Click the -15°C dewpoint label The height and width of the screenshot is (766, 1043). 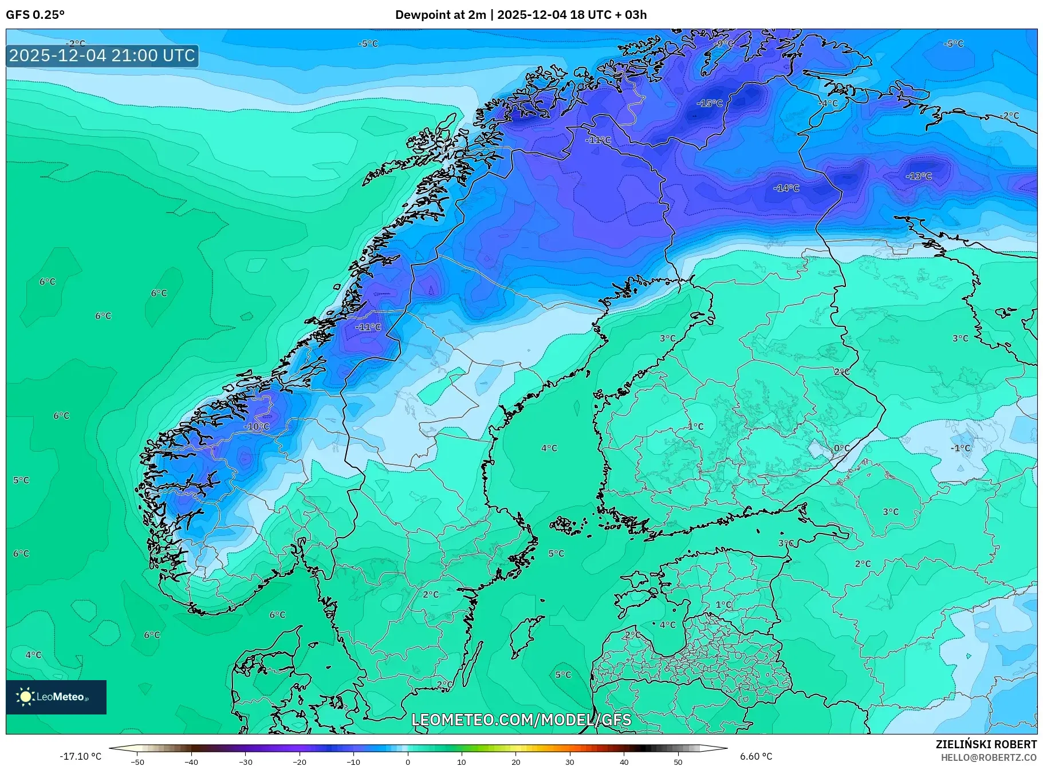709,104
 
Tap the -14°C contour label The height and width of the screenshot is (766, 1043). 786,188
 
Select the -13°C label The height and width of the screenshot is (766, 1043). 918,176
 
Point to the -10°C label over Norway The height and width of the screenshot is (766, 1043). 256,427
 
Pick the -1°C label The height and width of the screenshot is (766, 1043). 961,448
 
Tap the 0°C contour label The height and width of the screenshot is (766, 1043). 841,448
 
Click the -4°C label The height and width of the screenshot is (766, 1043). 828,104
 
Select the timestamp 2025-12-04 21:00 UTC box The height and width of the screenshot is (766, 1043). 102,56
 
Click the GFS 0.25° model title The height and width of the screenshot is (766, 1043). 35,15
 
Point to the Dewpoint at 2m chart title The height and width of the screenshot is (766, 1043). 521,15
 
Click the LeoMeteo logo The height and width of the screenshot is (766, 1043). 56,697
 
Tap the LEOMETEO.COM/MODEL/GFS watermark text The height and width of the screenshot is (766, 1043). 521,720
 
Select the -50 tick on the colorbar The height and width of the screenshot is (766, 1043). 137,761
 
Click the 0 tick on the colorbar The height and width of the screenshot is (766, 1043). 408,761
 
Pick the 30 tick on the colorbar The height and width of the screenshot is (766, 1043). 570,761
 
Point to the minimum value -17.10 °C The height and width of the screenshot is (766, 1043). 80,756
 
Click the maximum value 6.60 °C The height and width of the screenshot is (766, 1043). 755,756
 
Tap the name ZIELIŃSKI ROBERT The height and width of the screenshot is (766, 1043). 986,745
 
